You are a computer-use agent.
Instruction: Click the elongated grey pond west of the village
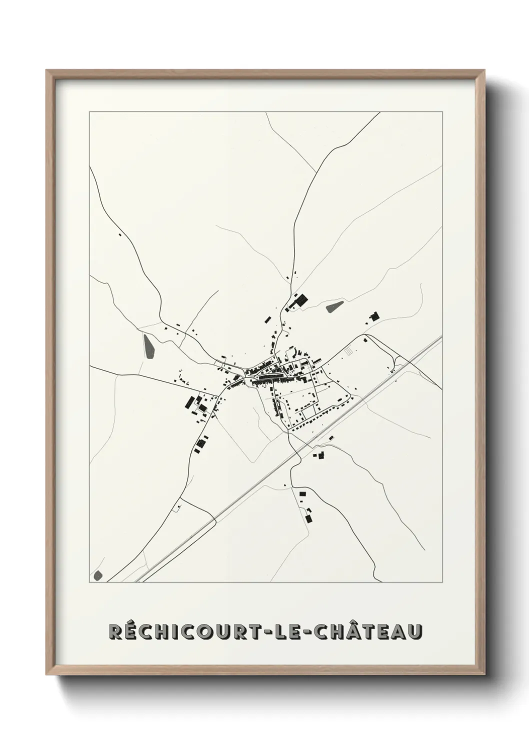[149, 344]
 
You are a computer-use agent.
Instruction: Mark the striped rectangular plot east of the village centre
[348, 352]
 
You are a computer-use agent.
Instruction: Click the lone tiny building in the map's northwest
[119, 234]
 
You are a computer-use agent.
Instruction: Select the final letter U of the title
[415, 631]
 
